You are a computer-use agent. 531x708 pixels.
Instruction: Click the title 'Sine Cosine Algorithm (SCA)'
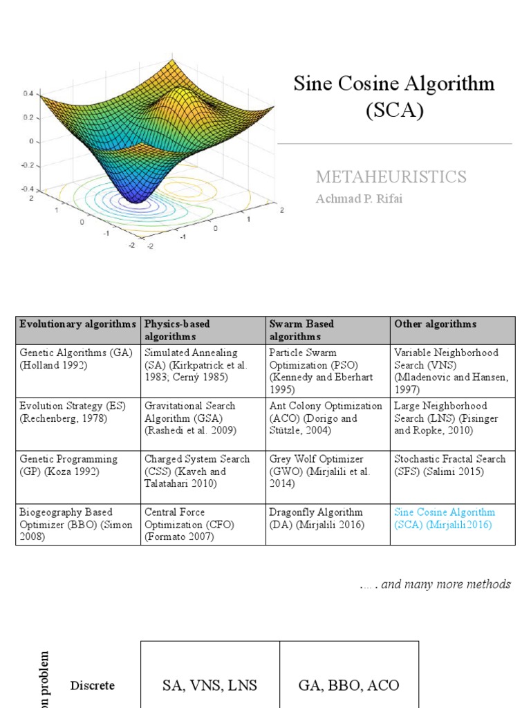pos(394,97)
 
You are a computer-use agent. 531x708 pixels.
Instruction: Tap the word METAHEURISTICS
pos(391,177)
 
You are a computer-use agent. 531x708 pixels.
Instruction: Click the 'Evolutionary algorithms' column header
pos(78,324)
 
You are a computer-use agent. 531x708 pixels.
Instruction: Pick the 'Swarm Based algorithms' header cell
pos(301,330)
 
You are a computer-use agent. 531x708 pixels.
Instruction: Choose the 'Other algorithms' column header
pos(435,324)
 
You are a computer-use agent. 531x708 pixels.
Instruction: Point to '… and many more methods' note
pos(435,584)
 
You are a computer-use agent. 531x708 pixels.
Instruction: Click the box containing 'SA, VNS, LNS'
pos(210,684)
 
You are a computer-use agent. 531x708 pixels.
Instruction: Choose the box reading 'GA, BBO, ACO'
pos(348,684)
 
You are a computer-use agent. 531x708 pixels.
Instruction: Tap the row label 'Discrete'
pos(92,686)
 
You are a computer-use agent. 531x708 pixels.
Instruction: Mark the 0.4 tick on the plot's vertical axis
pos(28,93)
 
